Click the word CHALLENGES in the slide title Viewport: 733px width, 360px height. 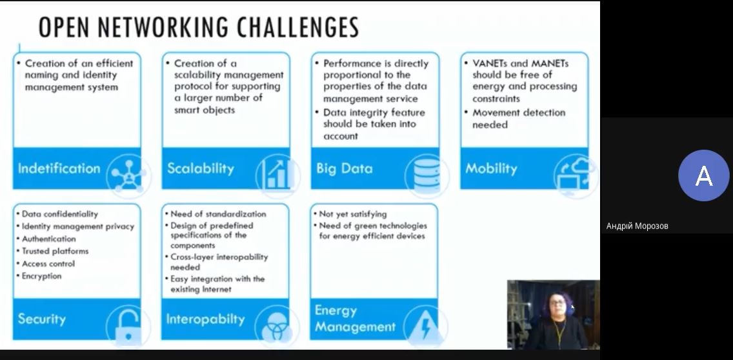(x=298, y=27)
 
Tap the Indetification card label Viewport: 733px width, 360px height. (x=59, y=168)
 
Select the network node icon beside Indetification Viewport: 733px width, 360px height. (x=127, y=175)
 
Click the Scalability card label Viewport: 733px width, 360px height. (x=201, y=168)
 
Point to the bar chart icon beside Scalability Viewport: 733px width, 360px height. (x=277, y=174)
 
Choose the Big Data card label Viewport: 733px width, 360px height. (x=344, y=169)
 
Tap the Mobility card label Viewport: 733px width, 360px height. (x=491, y=169)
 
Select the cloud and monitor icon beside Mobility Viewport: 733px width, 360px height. (x=575, y=175)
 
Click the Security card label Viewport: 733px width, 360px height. (x=41, y=319)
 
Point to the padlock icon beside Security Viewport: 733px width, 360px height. (x=127, y=326)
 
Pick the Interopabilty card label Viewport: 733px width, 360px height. (x=205, y=319)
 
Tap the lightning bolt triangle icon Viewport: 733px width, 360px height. (x=425, y=325)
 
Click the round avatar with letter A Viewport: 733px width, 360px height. (x=703, y=175)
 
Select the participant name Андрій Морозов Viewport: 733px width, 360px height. (x=637, y=226)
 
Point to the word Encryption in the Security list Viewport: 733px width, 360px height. (x=41, y=276)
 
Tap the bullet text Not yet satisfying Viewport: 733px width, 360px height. (x=353, y=214)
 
